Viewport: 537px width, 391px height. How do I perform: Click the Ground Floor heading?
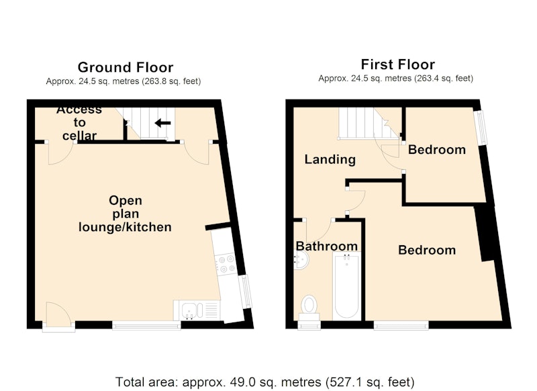[x=126, y=67]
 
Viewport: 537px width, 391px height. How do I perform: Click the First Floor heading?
[x=397, y=64]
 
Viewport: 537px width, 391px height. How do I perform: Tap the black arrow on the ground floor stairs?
[x=162, y=123]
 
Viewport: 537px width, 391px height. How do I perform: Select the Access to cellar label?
[x=79, y=123]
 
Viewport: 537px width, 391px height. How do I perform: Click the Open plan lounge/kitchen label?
[x=125, y=214]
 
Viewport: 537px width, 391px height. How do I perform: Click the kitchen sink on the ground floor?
[x=189, y=310]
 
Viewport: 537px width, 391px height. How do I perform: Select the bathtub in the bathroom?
[x=346, y=286]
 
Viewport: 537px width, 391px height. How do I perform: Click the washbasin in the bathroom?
[x=301, y=261]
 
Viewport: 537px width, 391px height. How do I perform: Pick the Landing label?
[x=330, y=159]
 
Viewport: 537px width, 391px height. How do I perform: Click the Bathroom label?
[x=327, y=246]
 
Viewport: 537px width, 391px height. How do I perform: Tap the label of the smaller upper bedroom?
[x=437, y=150]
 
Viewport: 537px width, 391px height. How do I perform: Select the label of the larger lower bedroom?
[x=427, y=250]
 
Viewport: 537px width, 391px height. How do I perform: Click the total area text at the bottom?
[x=264, y=382]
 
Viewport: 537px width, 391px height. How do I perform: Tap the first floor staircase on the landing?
[x=369, y=124]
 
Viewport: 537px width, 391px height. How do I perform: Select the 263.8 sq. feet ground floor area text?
[x=172, y=81]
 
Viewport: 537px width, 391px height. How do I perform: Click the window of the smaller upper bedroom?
[x=482, y=127]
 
